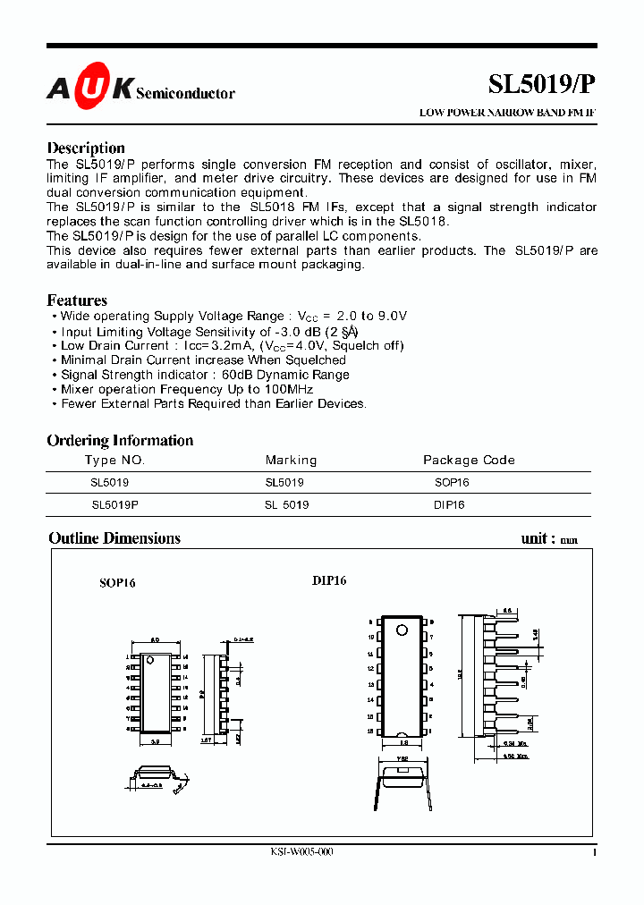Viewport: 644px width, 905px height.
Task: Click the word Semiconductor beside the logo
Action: (185, 94)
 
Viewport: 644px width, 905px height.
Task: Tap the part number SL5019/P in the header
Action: (540, 85)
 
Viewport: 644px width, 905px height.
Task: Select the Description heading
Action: (86, 148)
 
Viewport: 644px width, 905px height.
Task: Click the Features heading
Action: (77, 300)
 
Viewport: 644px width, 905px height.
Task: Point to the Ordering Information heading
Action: (120, 440)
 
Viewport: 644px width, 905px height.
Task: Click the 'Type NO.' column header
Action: (114, 461)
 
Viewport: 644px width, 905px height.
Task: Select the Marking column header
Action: (291, 461)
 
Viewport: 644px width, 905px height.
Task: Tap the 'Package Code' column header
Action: (469, 461)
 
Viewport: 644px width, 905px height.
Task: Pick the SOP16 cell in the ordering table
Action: (452, 482)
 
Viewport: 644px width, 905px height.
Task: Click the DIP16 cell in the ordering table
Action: (451, 505)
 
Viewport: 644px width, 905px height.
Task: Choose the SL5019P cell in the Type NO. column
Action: (114, 505)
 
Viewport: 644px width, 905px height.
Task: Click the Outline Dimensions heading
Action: (114, 538)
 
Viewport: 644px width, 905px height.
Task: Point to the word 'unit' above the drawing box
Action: (534, 538)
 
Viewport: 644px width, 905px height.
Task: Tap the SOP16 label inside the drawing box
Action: (117, 583)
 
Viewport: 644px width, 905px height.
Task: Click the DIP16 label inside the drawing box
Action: (329, 580)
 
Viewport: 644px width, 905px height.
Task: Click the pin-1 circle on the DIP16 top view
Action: (402, 630)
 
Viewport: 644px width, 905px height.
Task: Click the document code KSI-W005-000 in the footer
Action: (302, 853)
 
